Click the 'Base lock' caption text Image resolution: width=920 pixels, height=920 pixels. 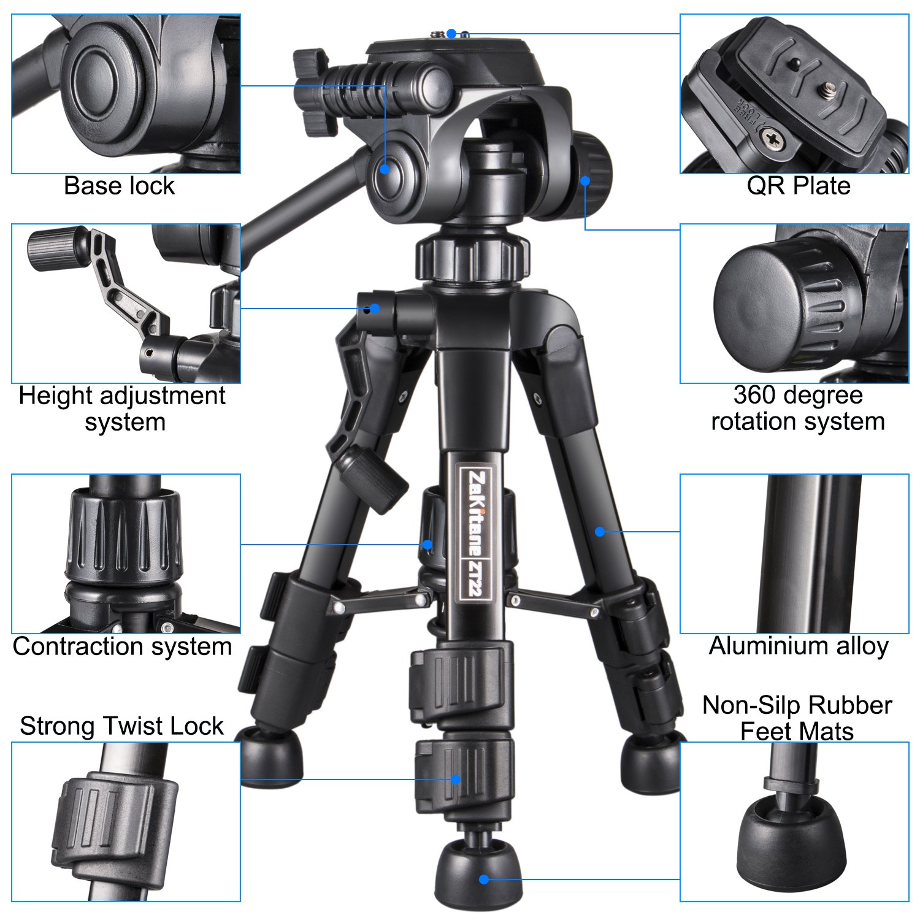pyautogui.click(x=119, y=186)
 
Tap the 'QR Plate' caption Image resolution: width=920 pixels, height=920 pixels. pyautogui.click(x=798, y=186)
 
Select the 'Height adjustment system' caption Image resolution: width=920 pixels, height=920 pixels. pyautogui.click(x=122, y=408)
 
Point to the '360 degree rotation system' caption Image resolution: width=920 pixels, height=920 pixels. pyautogui.click(x=797, y=408)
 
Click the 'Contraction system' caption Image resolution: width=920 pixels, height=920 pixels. pyautogui.click(x=122, y=646)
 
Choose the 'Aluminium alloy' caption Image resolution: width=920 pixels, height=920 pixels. pyautogui.click(x=799, y=646)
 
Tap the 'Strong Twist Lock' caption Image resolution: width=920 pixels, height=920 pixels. pyautogui.click(x=121, y=726)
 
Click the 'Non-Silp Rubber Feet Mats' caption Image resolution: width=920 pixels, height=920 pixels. pyautogui.click(x=797, y=718)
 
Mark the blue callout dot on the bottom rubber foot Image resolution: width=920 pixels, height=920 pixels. pyautogui.click(x=484, y=880)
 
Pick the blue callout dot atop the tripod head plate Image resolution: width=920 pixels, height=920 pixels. pyautogui.click(x=451, y=33)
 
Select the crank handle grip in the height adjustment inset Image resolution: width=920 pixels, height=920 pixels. pyautogui.click(x=58, y=248)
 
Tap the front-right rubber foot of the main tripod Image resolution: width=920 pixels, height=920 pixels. pyautogui.click(x=649, y=761)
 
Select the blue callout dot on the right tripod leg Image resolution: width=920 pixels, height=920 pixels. pyautogui.click(x=600, y=532)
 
